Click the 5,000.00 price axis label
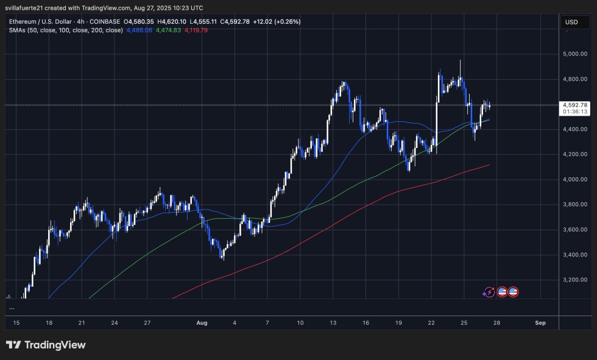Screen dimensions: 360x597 [575, 54]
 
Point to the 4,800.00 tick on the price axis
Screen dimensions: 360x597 [575, 79]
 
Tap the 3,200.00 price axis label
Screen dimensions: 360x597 [575, 280]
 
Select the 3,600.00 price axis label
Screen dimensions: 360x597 [575, 230]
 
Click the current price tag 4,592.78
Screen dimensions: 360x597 [575, 105]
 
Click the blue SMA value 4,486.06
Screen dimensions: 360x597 [140, 30]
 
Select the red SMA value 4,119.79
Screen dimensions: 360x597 [196, 30]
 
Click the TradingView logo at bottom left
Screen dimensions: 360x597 [46, 345]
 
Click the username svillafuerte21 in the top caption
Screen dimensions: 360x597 [28, 8]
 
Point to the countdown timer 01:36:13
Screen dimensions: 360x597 [575, 111]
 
